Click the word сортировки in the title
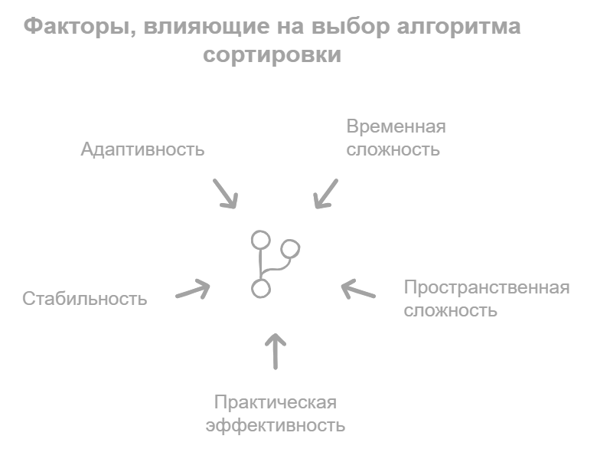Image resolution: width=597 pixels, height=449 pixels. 272,57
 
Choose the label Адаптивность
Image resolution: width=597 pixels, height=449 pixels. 143,149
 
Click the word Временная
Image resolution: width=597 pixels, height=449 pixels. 396,126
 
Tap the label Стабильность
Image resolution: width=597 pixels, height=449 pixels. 85,298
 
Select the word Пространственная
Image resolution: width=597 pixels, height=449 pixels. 487,288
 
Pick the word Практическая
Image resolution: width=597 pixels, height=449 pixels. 276,402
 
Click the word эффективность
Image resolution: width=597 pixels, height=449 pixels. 276,425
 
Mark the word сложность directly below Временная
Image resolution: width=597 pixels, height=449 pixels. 393,149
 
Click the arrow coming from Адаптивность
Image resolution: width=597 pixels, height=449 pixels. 225,194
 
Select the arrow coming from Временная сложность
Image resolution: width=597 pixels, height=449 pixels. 325,193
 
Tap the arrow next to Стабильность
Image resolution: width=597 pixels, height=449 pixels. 194,290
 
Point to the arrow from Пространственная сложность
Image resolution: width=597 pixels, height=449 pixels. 357,290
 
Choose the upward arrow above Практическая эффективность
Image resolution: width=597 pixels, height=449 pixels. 276,351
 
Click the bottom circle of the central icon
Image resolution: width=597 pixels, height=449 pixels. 260,288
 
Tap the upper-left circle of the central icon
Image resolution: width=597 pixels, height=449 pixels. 260,239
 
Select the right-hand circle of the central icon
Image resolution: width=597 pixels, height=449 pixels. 291,249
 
